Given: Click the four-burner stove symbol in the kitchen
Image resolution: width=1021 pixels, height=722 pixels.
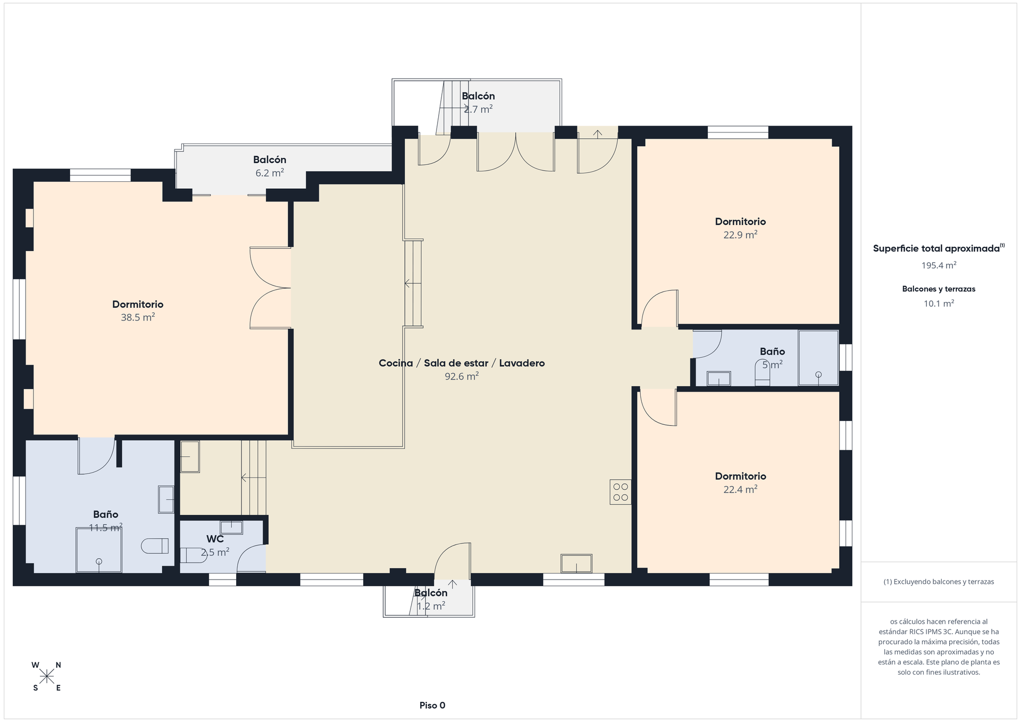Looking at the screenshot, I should (x=620, y=492).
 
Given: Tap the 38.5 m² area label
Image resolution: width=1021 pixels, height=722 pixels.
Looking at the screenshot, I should (x=138, y=317).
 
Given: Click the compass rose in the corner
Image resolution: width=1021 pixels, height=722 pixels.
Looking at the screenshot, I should (x=47, y=676).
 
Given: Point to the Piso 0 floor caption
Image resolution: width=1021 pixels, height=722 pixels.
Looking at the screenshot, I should (x=432, y=706).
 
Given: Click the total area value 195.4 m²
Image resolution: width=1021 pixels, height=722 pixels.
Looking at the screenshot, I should (x=939, y=265).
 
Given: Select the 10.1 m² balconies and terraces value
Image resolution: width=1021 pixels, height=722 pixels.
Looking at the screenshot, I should (x=939, y=304).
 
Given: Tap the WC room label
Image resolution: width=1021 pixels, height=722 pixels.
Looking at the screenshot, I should (x=215, y=539).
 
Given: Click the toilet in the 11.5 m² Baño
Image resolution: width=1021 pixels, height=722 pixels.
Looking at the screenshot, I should (x=155, y=546).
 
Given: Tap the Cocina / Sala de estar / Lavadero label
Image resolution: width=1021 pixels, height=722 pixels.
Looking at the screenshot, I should (x=462, y=363).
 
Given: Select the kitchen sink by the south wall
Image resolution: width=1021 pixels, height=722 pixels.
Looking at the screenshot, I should (x=576, y=564).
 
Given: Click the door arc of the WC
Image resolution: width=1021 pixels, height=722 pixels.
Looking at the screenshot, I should (x=250, y=558).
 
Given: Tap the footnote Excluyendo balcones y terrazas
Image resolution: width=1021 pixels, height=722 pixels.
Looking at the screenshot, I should (x=939, y=582).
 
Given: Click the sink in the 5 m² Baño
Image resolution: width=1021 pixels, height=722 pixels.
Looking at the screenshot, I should (x=718, y=379).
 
